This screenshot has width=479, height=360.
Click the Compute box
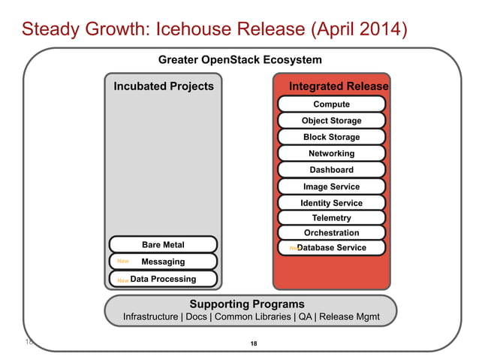[331, 104]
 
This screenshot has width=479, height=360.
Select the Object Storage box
[331, 120]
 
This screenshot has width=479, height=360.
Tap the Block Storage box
[331, 137]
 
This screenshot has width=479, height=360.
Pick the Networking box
[331, 153]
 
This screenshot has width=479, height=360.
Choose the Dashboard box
[331, 170]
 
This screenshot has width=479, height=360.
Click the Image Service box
[331, 186]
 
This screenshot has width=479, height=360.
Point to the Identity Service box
[331, 203]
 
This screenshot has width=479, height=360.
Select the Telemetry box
[331, 218]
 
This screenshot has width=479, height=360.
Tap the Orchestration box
[331, 233]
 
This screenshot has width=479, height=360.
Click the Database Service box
[331, 247]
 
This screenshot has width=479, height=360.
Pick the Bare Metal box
[163, 244]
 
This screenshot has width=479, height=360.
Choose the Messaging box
[163, 262]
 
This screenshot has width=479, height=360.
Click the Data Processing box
[163, 279]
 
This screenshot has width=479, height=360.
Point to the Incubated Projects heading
[163, 86]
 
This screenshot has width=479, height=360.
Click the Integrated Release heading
[339, 86]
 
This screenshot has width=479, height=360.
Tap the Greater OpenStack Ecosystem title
[239, 59]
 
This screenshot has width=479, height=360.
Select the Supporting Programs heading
[247, 304]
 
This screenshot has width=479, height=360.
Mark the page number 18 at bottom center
[253, 343]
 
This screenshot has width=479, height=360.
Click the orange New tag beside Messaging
[123, 262]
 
